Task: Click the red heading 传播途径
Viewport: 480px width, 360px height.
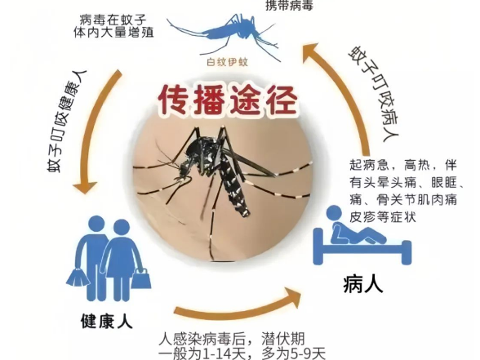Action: [x=228, y=100]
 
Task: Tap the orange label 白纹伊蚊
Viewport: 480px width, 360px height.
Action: [x=227, y=62]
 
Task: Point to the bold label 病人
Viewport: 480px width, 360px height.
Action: [x=362, y=284]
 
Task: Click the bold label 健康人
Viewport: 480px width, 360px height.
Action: [x=106, y=321]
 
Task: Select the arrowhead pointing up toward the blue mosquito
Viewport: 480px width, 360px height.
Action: [x=311, y=52]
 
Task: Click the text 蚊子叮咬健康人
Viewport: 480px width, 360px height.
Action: [x=67, y=122]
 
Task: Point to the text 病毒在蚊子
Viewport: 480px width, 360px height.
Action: [x=113, y=20]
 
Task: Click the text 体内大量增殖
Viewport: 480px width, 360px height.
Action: [x=113, y=33]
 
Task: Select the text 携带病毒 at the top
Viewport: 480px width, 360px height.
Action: [x=289, y=5]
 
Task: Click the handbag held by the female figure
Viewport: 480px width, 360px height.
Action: [x=140, y=279]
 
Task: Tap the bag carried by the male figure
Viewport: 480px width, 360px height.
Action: [x=78, y=277]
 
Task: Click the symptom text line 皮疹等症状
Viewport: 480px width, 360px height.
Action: [x=383, y=217]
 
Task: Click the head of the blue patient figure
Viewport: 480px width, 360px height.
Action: [x=334, y=213]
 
